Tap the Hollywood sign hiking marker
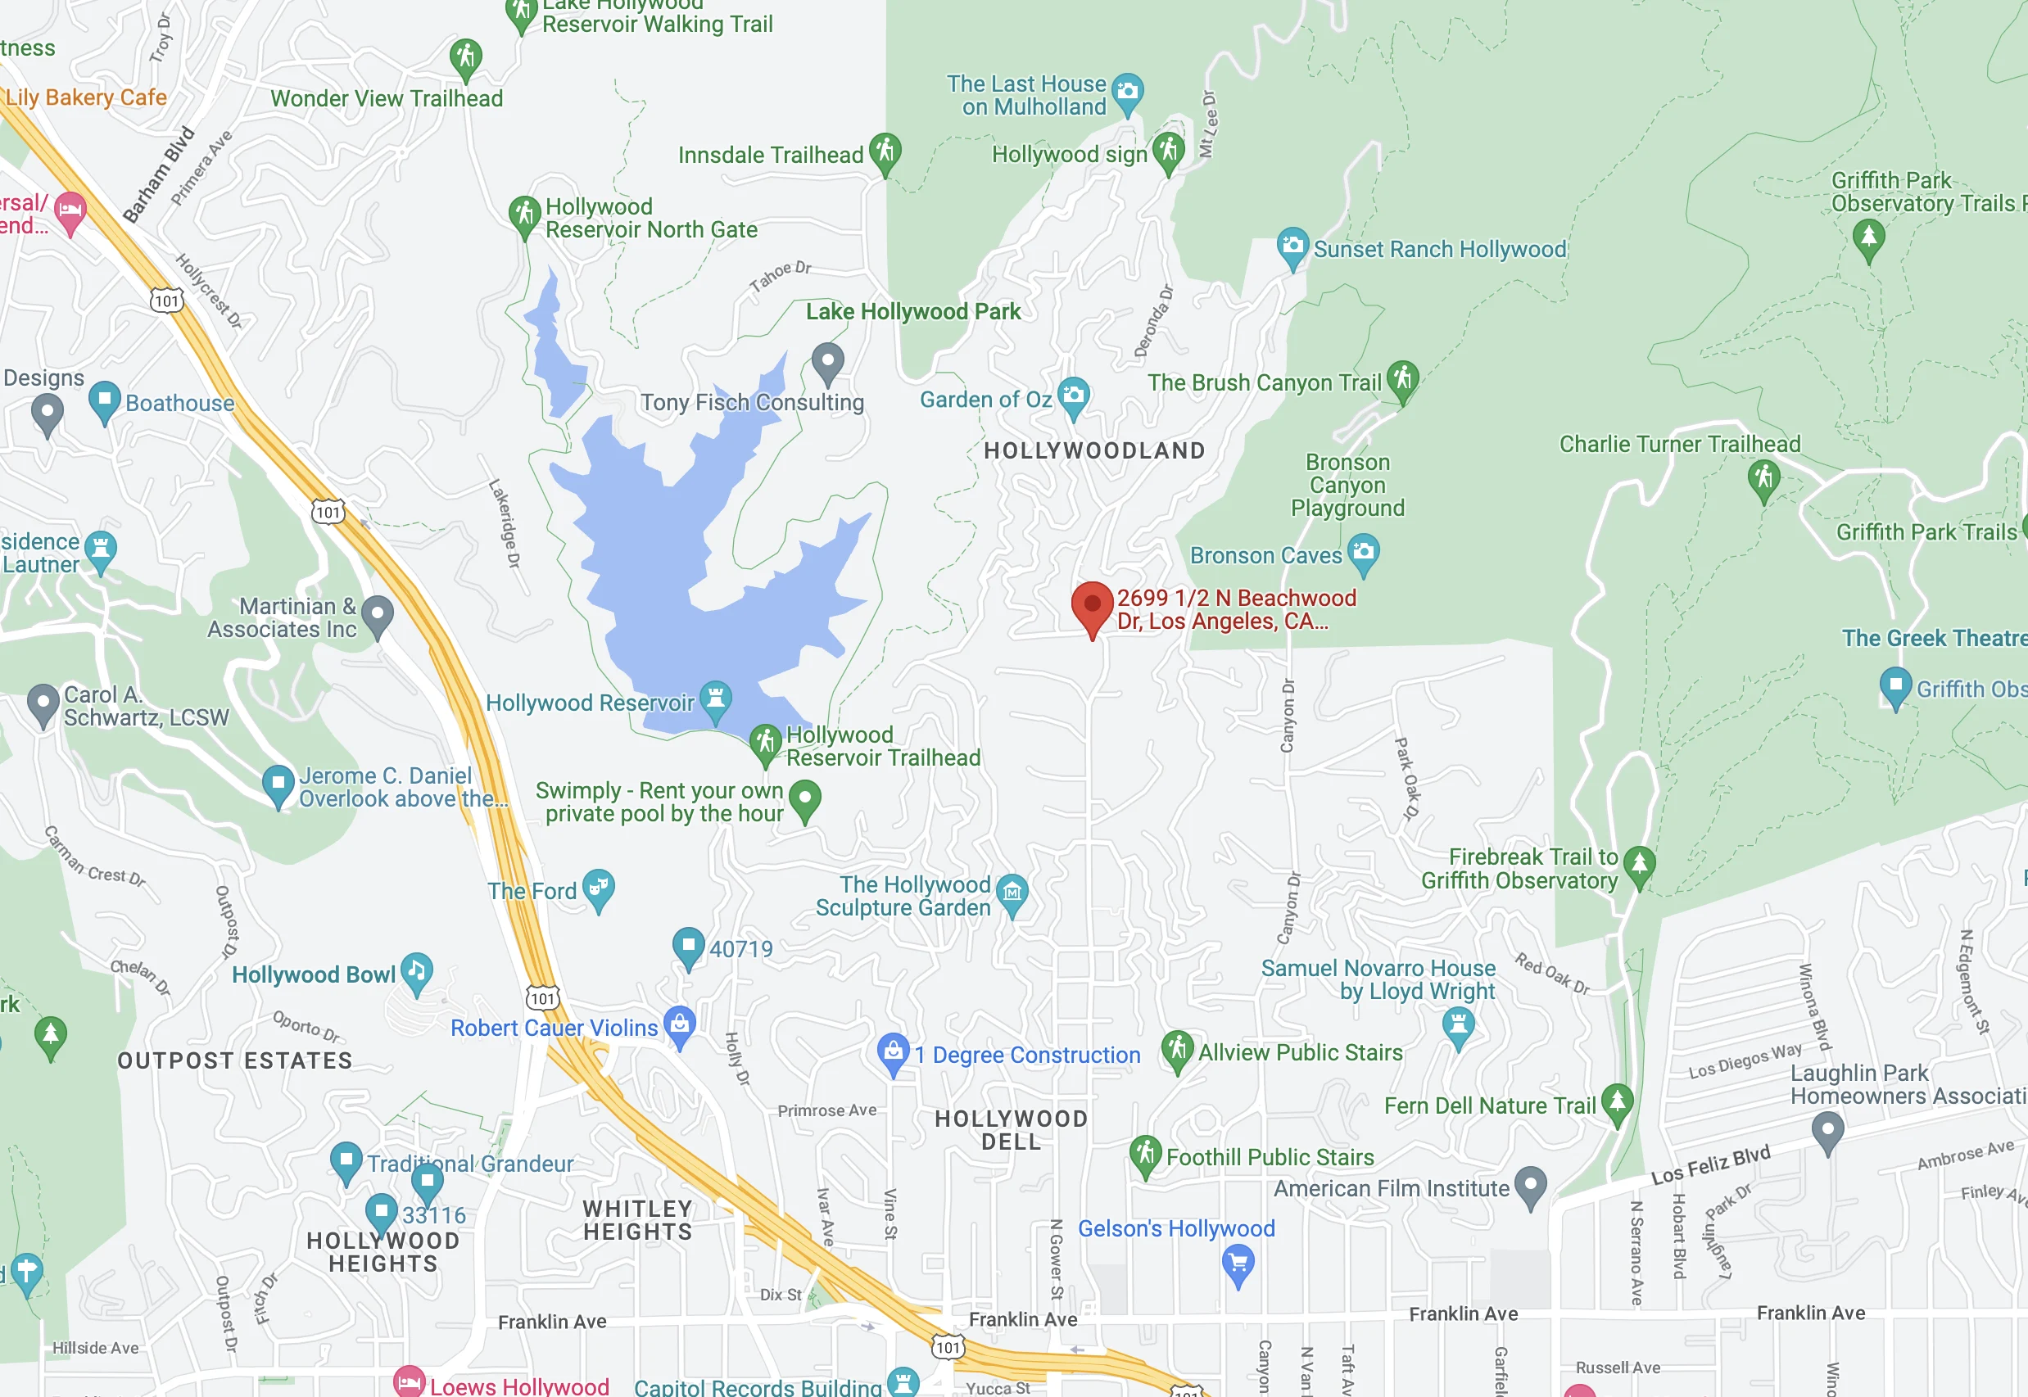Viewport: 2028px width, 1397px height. click(1169, 151)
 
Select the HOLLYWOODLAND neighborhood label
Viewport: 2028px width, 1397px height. click(1094, 450)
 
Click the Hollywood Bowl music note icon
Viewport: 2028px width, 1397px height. click(417, 970)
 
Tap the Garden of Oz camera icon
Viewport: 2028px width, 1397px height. click(1073, 396)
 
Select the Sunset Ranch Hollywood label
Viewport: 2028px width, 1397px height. click(1440, 250)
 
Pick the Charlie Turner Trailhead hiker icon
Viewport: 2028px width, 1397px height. click(1763, 479)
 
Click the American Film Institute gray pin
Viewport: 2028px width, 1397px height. click(1530, 1185)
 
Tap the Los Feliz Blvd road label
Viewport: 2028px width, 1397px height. click(1710, 1164)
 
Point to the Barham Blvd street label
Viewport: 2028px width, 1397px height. click(158, 174)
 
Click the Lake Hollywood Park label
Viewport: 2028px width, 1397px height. click(913, 312)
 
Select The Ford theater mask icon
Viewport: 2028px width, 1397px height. click(599, 888)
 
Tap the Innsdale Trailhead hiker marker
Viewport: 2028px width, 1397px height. click(885, 151)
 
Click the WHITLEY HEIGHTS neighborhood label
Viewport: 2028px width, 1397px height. click(637, 1220)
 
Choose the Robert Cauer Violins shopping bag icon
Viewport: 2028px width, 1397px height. click(680, 1024)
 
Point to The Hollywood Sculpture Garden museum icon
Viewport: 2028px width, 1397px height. click(1012, 893)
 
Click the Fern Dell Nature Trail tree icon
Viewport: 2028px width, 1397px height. click(1617, 1101)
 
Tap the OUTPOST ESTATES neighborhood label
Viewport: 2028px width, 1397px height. click(234, 1061)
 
